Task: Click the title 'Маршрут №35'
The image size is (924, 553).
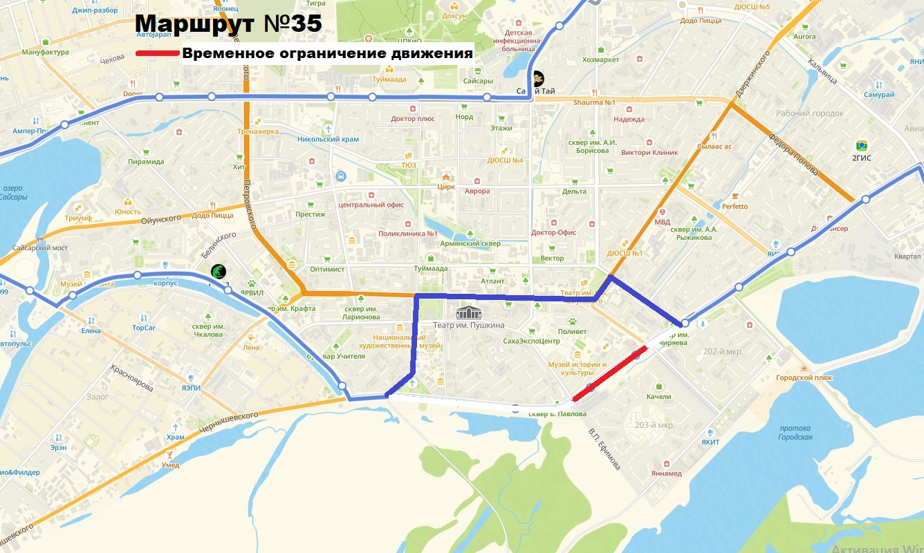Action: (x=229, y=23)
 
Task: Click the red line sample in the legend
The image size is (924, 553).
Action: (x=158, y=53)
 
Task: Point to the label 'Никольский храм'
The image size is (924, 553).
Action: (x=329, y=139)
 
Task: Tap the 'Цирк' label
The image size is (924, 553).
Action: (x=445, y=186)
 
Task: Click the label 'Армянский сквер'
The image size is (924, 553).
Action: (x=471, y=244)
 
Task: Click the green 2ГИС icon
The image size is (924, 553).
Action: (x=861, y=146)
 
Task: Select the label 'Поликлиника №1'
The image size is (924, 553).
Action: (x=408, y=234)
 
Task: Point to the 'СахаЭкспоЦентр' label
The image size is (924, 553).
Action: (x=531, y=341)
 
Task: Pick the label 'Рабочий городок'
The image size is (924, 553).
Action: (x=809, y=113)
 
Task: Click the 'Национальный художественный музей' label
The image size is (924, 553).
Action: (x=401, y=341)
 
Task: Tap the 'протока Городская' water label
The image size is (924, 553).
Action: (x=795, y=432)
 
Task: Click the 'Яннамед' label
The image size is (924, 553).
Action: (x=666, y=474)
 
